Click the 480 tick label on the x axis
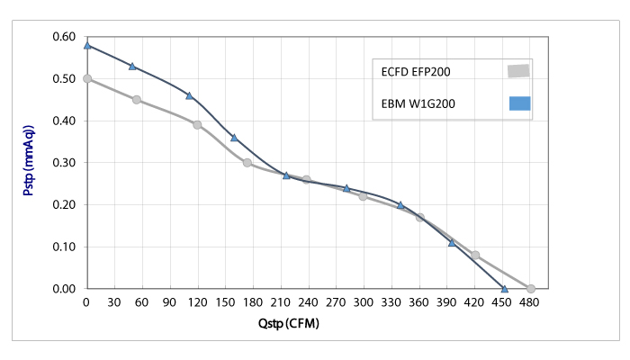click(531, 303)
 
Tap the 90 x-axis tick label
click(170, 303)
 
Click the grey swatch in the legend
click(518, 71)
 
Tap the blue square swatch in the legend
click(519, 103)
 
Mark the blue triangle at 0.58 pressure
click(87, 45)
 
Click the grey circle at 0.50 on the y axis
click(87, 78)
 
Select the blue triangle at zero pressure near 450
click(504, 289)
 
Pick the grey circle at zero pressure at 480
click(531, 289)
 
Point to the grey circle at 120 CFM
click(197, 124)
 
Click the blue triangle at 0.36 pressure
click(234, 138)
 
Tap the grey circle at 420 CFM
click(475, 255)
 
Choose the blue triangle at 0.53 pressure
click(132, 66)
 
